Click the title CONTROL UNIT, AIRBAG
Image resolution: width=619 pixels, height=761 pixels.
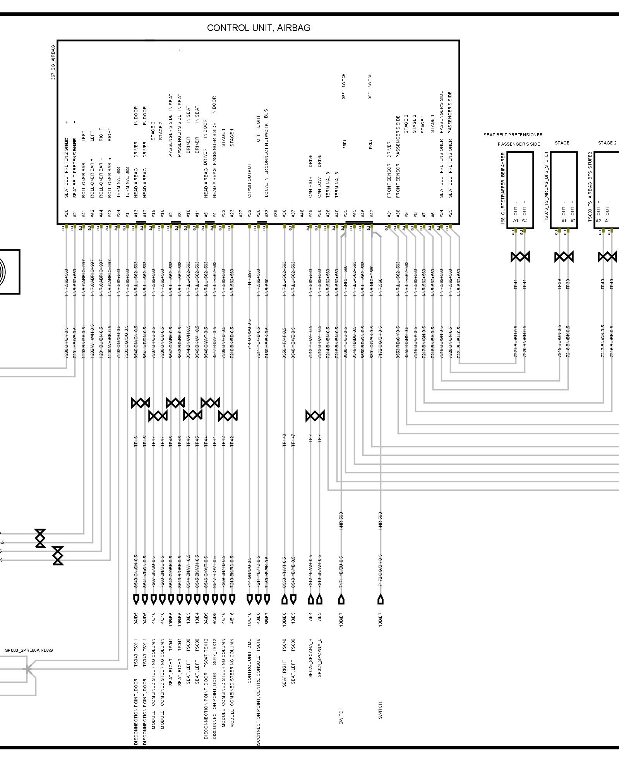click(x=259, y=28)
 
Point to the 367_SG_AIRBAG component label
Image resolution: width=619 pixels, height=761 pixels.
click(x=53, y=62)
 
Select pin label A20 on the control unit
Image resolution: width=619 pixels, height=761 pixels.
click(x=66, y=214)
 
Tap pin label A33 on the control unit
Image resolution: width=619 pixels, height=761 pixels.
click(x=266, y=214)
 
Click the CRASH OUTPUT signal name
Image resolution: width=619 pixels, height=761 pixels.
click(x=249, y=180)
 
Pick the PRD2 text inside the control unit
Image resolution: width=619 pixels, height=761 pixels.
click(x=370, y=144)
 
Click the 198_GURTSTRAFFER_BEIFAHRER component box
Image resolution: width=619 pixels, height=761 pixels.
click(x=520, y=190)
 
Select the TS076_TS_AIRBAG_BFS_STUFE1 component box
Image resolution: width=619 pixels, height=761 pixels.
click(x=564, y=190)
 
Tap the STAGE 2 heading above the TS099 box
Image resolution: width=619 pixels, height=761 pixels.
click(x=607, y=143)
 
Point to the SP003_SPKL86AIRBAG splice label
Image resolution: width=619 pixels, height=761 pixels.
click(x=29, y=650)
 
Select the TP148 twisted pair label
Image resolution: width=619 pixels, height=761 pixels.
click(x=284, y=440)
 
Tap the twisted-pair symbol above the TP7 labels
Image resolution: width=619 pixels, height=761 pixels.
click(x=315, y=416)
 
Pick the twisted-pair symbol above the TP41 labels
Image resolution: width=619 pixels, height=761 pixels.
click(x=520, y=257)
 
